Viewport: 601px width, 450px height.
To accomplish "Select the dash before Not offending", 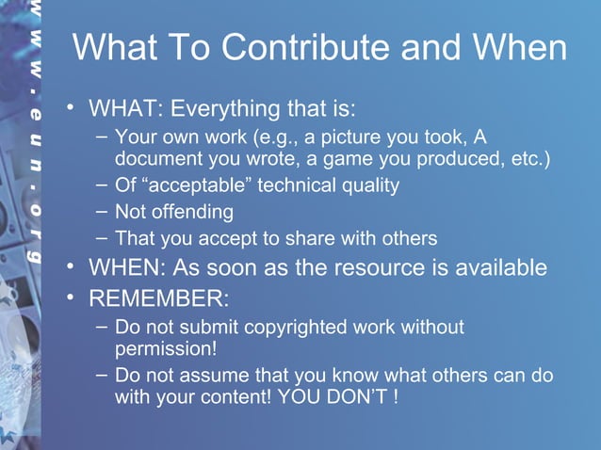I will click(x=103, y=211).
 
